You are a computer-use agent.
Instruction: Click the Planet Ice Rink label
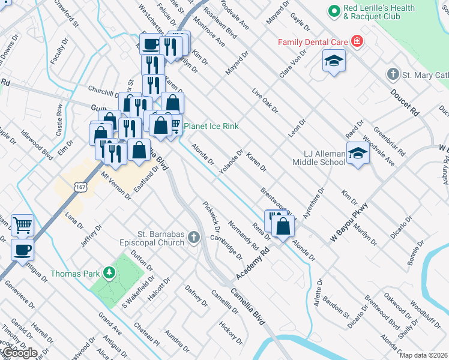(x=211, y=126)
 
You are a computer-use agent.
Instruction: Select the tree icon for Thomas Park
(x=109, y=274)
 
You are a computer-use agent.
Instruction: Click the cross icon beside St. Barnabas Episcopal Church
(x=193, y=238)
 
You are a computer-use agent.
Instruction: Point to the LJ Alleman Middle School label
(x=319, y=158)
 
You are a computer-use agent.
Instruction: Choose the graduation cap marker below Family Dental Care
(x=334, y=61)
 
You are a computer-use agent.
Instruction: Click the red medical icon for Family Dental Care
(x=357, y=41)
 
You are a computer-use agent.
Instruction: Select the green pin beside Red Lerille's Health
(x=334, y=10)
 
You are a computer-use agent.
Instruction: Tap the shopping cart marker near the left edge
(x=23, y=225)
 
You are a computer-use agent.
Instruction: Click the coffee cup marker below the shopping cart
(x=23, y=248)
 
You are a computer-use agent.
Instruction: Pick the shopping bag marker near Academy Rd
(x=283, y=226)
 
